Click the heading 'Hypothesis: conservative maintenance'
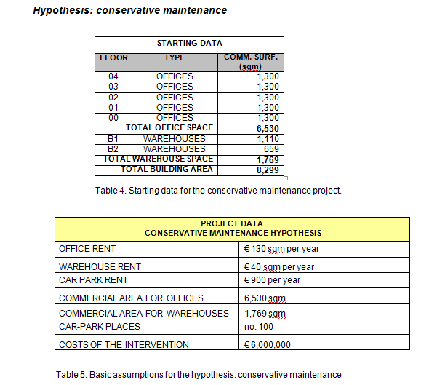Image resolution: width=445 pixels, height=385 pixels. pos(130,11)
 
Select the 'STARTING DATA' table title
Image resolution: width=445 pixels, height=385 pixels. pos(190,44)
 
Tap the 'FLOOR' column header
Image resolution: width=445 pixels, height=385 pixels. pos(113,57)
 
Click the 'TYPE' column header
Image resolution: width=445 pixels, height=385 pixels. pos(175,57)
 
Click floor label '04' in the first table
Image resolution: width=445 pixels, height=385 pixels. pos(113,76)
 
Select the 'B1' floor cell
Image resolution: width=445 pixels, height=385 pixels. pos(113,138)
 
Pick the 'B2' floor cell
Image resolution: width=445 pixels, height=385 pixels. pos(113,148)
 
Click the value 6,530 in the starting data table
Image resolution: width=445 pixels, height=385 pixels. pos(268,128)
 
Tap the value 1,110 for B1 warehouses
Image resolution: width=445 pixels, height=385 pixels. pos(268,138)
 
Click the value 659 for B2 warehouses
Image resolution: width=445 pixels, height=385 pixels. pos(271,148)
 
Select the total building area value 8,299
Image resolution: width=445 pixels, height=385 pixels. pos(268,170)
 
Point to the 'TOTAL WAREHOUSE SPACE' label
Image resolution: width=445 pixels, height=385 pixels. pos(159,159)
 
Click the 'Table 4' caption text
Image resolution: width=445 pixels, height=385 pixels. pos(218,191)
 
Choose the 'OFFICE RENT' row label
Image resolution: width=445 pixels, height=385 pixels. pos(87,249)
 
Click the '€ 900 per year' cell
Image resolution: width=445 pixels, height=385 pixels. pos(272,280)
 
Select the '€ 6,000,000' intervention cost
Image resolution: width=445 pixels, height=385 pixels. pos(268,345)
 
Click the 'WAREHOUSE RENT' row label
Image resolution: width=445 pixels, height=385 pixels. pos(100,267)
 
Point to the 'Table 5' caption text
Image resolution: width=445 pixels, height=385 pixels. pos(199,375)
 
